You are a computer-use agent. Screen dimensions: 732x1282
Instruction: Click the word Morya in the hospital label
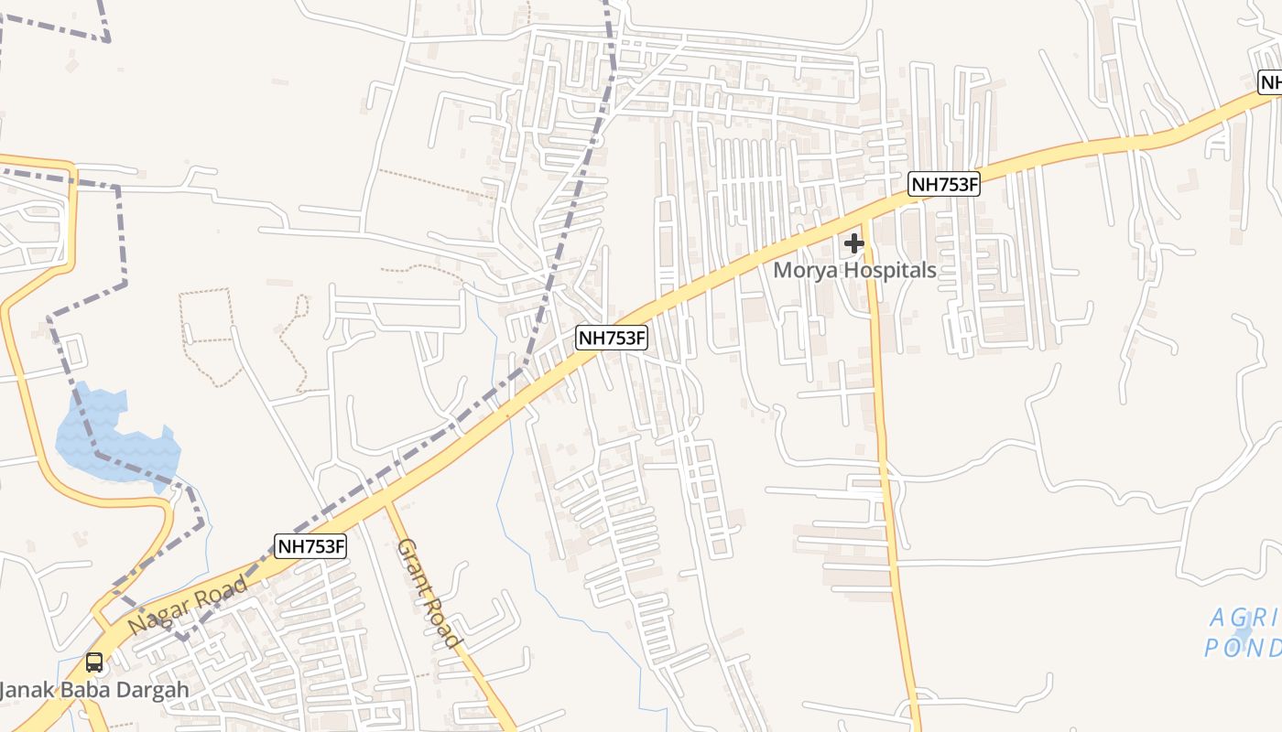[807, 271]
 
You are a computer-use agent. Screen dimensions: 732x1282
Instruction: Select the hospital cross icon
[854, 243]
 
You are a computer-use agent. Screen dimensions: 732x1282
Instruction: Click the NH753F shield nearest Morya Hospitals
[945, 185]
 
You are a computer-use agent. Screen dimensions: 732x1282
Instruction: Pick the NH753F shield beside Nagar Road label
[311, 546]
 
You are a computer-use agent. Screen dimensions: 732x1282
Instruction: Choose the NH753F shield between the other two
[612, 338]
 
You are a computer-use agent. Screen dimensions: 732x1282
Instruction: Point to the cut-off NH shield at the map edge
[1270, 82]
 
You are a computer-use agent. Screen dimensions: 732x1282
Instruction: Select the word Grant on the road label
[411, 566]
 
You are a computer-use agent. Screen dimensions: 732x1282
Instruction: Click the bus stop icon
[94, 662]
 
